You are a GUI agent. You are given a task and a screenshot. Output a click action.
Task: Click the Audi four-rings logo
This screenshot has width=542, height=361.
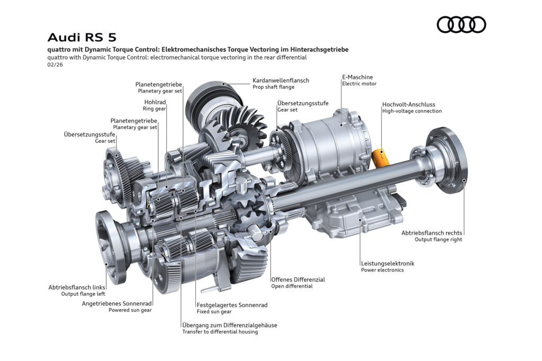[x=461, y=24]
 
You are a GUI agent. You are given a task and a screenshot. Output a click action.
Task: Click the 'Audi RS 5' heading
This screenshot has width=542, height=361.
[x=82, y=38]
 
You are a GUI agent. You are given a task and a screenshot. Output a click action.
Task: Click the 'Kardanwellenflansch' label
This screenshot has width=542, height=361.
[x=281, y=80]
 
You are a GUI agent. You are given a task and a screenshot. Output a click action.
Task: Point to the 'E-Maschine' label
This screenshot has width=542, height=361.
[x=357, y=77]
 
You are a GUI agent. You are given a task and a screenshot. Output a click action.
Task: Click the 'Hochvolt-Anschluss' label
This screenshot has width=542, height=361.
[x=409, y=105]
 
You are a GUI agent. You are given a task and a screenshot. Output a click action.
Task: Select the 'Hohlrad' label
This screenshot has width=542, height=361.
[x=155, y=101]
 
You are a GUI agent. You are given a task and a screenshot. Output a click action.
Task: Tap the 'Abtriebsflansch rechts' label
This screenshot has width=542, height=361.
[x=431, y=233]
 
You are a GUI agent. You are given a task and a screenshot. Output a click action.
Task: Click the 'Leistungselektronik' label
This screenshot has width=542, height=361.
[x=387, y=263]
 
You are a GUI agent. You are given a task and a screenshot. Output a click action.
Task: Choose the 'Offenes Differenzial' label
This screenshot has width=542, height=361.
[x=297, y=279]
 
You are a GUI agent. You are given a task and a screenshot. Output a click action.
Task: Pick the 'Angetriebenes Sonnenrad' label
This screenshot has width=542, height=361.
[x=117, y=303]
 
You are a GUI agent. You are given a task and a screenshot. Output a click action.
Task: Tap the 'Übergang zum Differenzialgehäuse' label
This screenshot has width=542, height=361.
[x=229, y=325]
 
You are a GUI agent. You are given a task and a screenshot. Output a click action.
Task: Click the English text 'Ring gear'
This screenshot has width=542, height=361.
[x=154, y=109]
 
